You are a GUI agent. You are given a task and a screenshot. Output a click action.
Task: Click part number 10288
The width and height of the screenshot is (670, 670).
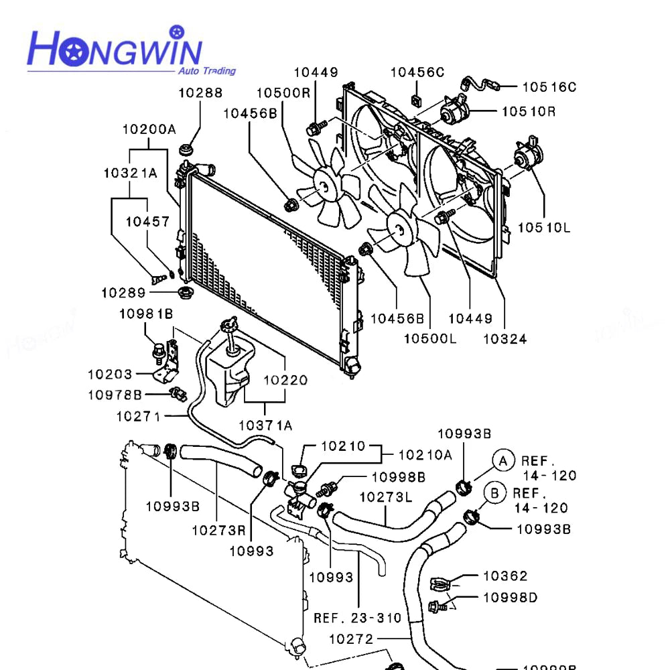pyautogui.click(x=200, y=93)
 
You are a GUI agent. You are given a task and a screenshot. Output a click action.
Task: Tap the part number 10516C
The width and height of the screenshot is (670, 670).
pyautogui.click(x=549, y=86)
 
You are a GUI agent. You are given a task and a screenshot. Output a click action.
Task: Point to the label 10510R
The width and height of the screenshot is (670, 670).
pyautogui.click(x=529, y=111)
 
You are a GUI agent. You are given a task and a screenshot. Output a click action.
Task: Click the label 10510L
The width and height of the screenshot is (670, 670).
pyautogui.click(x=543, y=228)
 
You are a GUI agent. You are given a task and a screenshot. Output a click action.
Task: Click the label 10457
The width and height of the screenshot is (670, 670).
pyautogui.click(x=148, y=222)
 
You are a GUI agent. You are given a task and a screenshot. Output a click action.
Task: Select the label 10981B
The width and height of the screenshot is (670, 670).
pyautogui.click(x=146, y=314)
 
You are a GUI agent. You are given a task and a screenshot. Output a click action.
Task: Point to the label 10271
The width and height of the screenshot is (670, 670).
pyautogui.click(x=138, y=416)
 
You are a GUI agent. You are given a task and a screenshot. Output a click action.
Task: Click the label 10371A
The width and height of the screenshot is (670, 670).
pyautogui.click(x=265, y=425)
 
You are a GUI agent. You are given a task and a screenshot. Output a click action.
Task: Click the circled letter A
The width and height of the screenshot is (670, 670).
pyautogui.click(x=503, y=460)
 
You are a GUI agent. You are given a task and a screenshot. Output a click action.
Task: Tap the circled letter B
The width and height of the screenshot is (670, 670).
pyautogui.click(x=494, y=493)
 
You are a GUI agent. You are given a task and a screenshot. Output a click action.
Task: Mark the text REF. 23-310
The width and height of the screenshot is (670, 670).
pyautogui.click(x=357, y=618)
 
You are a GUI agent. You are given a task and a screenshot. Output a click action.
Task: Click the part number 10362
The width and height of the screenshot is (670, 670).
pyautogui.click(x=505, y=576)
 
